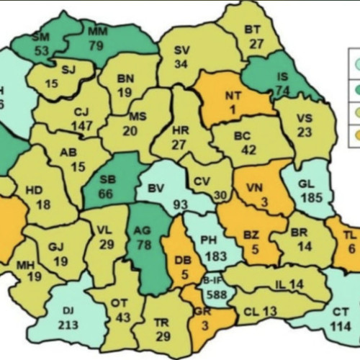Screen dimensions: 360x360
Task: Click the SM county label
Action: [40, 36]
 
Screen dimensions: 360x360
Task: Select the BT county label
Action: [251, 29]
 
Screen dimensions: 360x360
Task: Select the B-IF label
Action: [211, 281]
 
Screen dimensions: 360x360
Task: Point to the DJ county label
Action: [68, 310]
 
